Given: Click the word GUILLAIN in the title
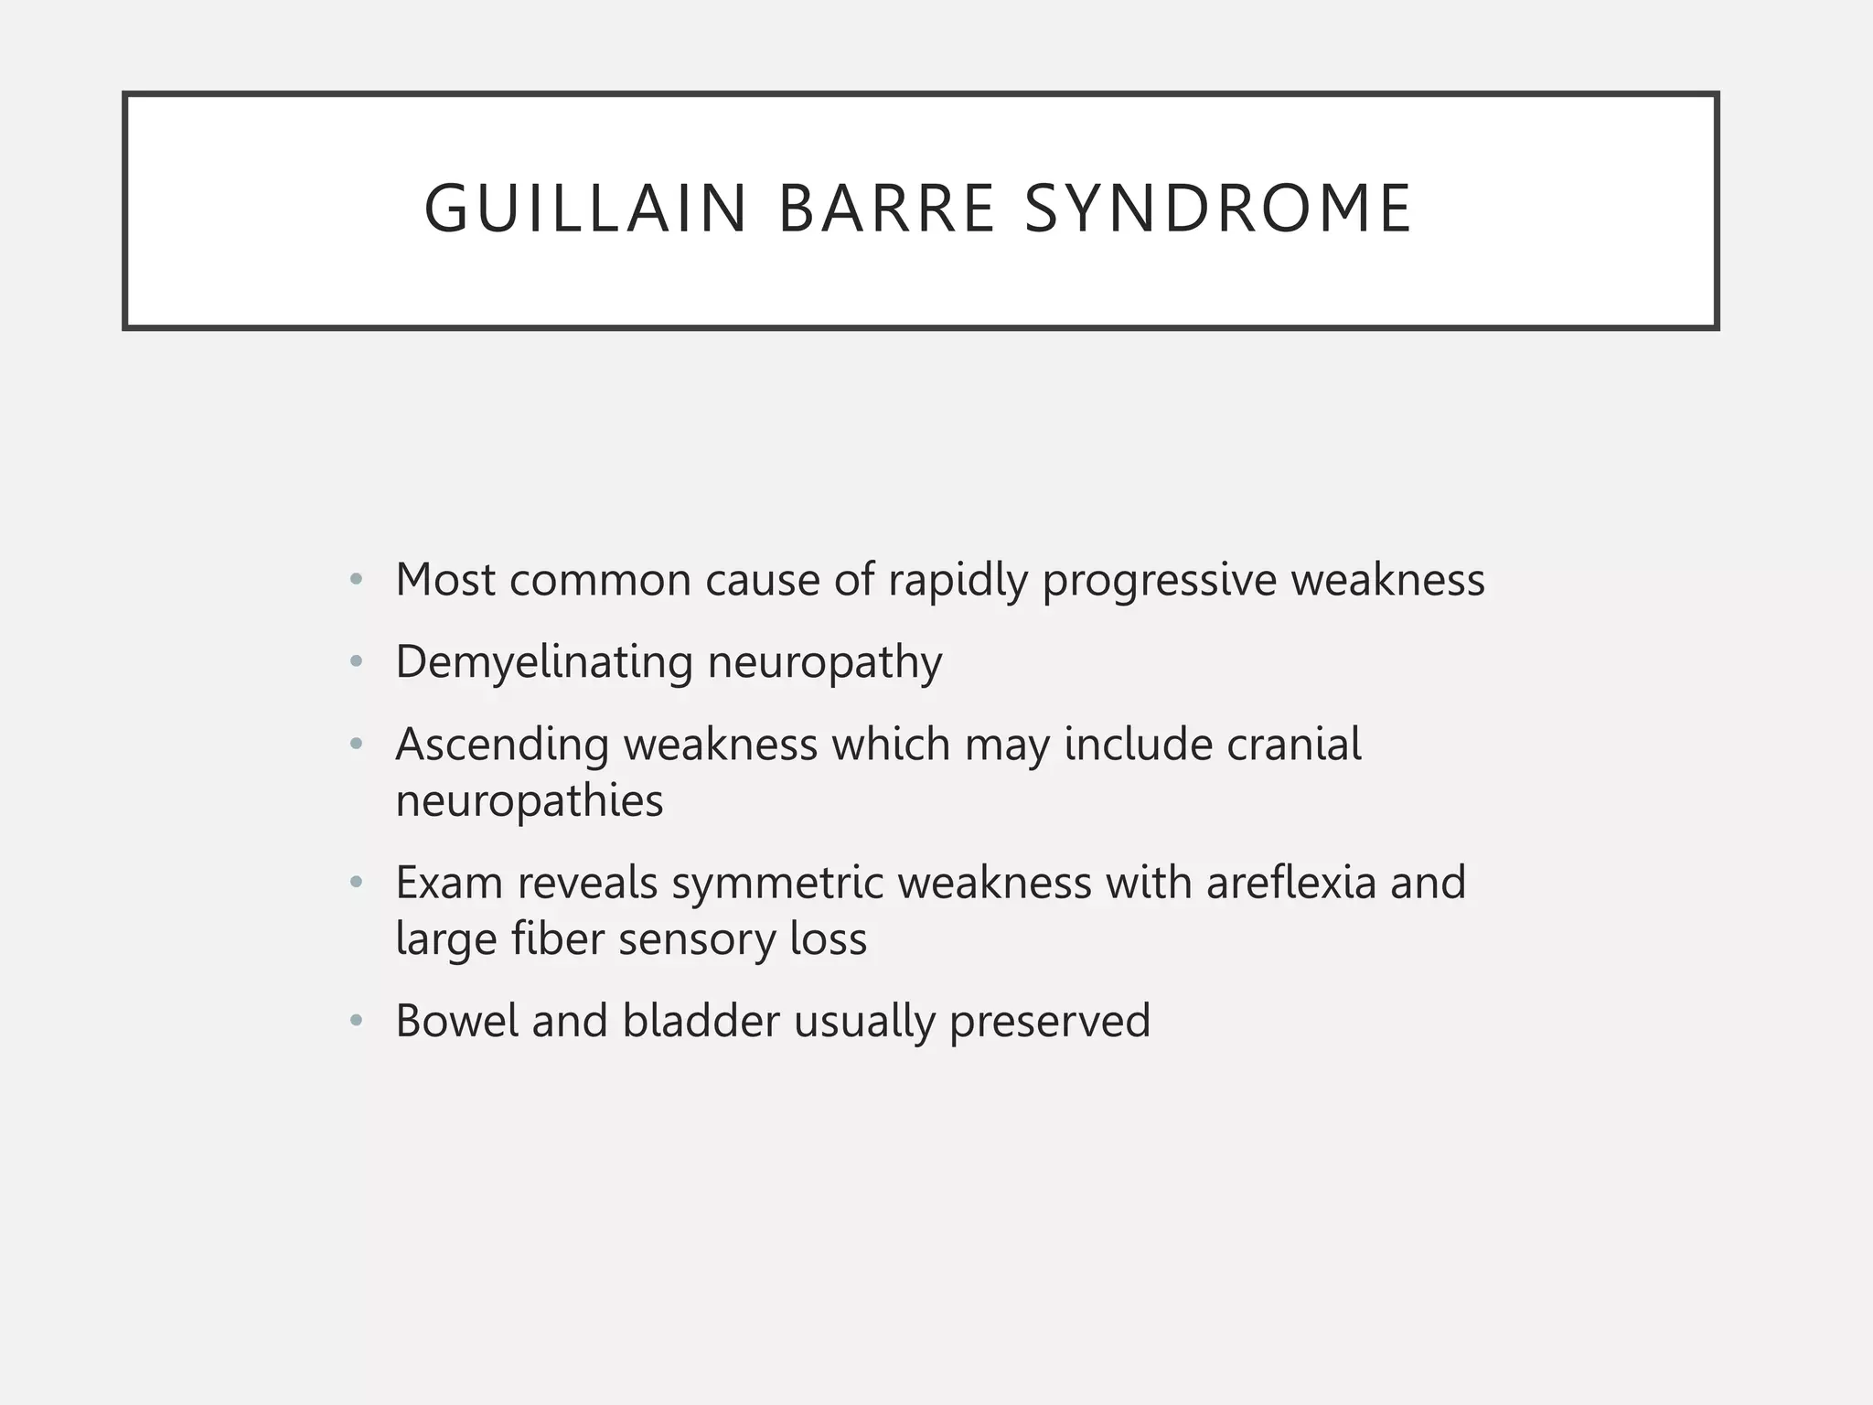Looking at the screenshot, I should point(585,209).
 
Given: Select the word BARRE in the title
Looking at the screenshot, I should point(885,209).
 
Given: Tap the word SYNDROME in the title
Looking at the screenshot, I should point(1218,209).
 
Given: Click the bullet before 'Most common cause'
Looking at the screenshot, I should point(357,580).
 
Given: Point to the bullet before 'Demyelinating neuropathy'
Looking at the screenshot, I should point(357,661).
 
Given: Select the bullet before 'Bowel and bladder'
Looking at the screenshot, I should point(357,1021).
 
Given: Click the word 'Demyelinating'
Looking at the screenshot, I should point(544,663).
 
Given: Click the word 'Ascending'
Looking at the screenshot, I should point(502,745).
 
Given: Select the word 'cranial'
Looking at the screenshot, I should point(1293,745).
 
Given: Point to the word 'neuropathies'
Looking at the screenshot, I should point(530,802).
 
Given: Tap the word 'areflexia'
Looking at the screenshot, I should point(1290,884).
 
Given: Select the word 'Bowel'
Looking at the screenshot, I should point(455,1021).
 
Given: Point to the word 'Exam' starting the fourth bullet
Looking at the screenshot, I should point(449,884).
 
